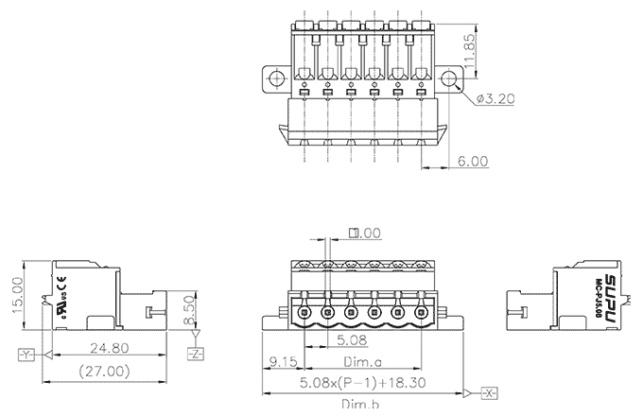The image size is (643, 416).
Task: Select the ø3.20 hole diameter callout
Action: click(x=495, y=98)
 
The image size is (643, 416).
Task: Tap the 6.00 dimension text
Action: click(x=473, y=161)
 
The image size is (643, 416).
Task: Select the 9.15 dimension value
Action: click(x=285, y=360)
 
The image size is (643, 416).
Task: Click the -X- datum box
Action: click(x=490, y=391)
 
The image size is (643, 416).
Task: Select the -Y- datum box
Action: click(x=26, y=355)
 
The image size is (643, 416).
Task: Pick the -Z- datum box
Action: click(x=195, y=355)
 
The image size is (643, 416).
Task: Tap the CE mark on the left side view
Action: click(x=62, y=280)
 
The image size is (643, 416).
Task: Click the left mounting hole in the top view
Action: click(x=275, y=78)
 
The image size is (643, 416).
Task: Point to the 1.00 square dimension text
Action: click(x=367, y=233)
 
